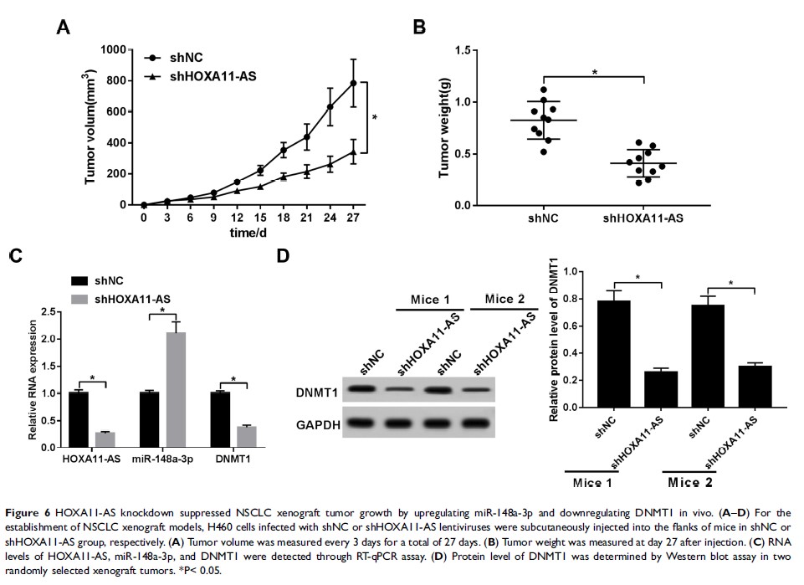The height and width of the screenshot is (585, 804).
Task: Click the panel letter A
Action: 63,28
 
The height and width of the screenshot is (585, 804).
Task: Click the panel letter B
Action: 420,27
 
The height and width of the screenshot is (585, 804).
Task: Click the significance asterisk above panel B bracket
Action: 594,73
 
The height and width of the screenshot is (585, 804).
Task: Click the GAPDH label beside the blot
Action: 317,425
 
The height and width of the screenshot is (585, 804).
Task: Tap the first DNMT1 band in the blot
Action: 361,389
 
